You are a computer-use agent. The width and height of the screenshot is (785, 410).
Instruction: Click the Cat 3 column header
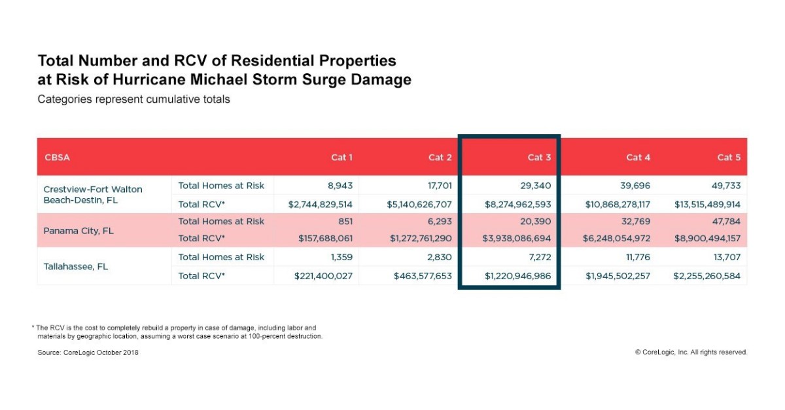540,158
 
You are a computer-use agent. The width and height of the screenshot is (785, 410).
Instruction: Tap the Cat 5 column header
729,158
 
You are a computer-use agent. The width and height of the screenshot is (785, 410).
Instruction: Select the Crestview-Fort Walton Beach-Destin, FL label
93,194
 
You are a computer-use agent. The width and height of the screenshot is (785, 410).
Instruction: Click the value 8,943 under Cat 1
338,186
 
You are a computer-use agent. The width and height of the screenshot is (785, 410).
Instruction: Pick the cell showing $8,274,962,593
518,204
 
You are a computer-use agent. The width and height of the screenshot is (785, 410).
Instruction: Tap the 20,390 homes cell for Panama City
536,222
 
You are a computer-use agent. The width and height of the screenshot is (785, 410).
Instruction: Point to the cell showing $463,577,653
423,276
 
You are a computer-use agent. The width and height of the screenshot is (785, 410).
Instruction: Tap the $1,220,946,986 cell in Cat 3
518,276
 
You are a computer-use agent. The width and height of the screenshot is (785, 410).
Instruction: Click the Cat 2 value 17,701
437,186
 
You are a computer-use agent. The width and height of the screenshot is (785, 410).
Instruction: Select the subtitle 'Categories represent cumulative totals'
134,100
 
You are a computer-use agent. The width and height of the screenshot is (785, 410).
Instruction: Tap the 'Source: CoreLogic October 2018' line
88,352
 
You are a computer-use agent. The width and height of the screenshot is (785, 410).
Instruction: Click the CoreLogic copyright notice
691,352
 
